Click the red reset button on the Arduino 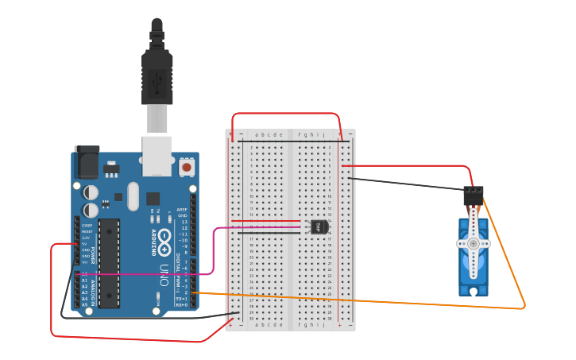pos(187,167)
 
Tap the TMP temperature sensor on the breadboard pos(319,226)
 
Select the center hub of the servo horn pos(474,243)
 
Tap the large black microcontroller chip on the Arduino pos(109,263)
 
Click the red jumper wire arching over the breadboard pos(286,114)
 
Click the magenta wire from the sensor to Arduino pos(215,254)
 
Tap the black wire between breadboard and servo pos(405,184)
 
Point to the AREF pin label pos(182,210)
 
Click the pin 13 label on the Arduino pos(184,222)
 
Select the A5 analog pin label pos(85,304)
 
